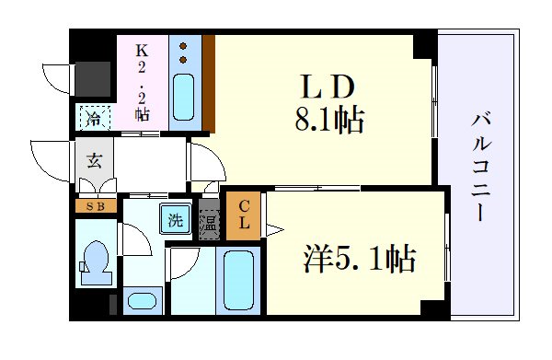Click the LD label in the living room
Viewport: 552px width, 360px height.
[x=324, y=87]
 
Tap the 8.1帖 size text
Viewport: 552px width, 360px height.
[x=324, y=120]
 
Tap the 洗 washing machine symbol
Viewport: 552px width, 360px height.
[x=174, y=220]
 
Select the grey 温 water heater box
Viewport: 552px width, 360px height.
[x=210, y=224]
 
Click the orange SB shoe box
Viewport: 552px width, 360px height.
[x=96, y=206]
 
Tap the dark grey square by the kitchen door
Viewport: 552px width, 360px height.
[x=93, y=79]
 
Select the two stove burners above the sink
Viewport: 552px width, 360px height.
[x=183, y=52]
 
